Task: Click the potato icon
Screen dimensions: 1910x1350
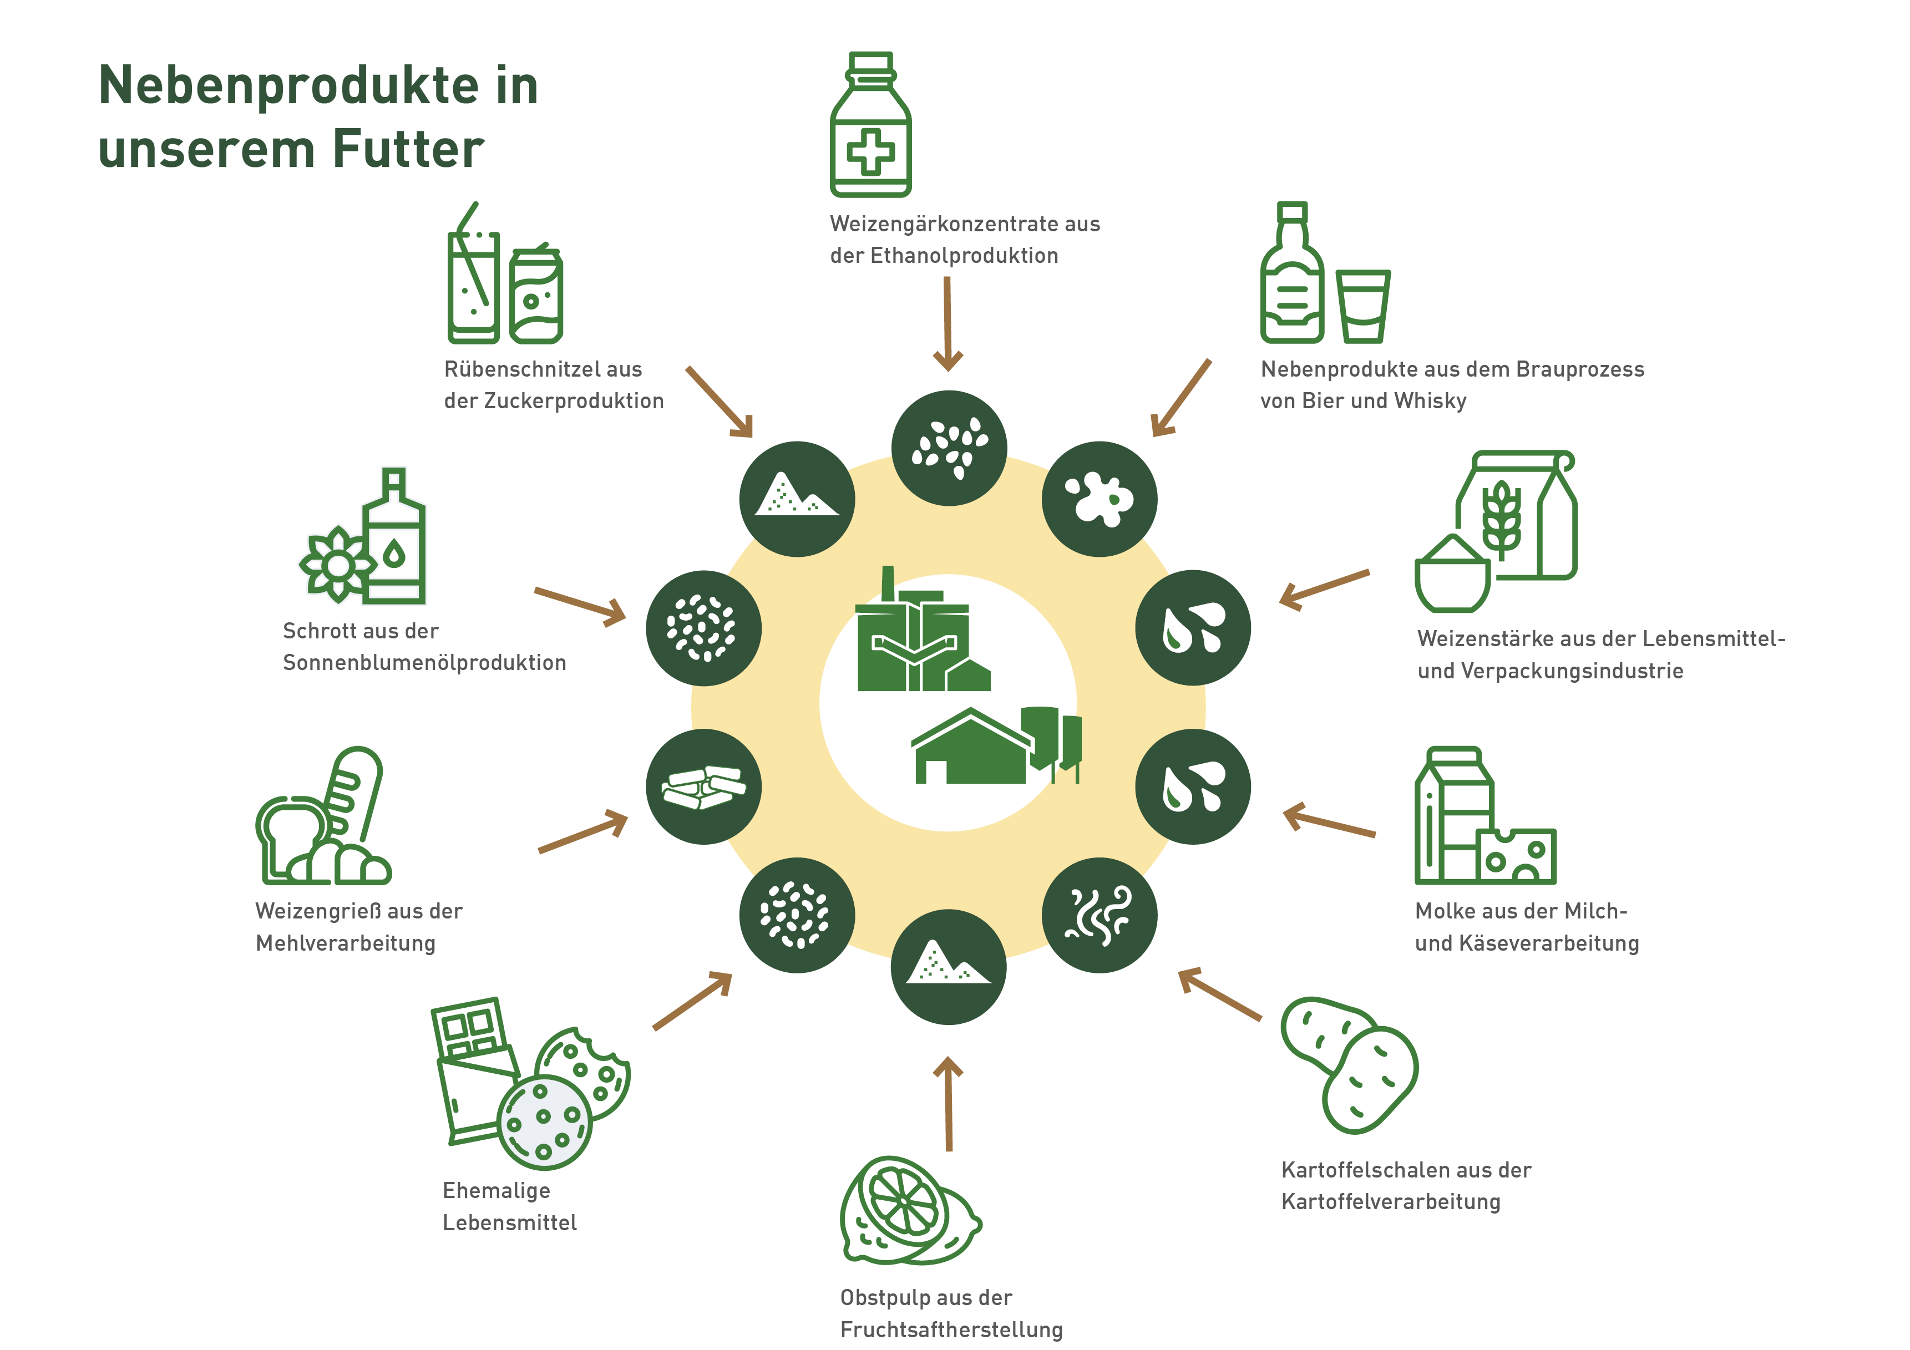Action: click(x=1349, y=1065)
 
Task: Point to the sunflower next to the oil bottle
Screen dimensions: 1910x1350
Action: click(x=337, y=565)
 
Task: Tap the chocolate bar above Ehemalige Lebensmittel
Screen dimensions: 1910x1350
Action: click(x=474, y=1069)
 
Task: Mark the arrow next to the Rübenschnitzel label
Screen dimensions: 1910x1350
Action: click(x=720, y=402)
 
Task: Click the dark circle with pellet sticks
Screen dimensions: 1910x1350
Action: click(x=704, y=787)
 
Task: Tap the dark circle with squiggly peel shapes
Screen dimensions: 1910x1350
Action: click(x=1099, y=915)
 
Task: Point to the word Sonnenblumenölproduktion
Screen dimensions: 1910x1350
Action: click(x=424, y=663)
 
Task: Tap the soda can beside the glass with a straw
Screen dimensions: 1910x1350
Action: click(x=536, y=295)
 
